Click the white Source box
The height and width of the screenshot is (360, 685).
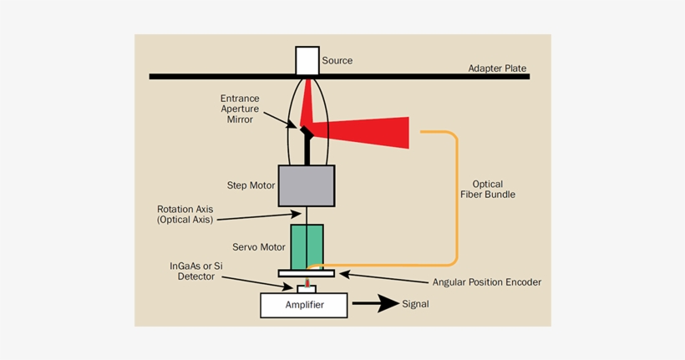click(x=307, y=60)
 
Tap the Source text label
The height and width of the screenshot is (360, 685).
click(x=337, y=60)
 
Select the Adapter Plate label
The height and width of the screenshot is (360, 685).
click(x=497, y=68)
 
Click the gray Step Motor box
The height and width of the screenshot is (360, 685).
click(x=306, y=185)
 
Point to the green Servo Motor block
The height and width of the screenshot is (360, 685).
click(x=307, y=246)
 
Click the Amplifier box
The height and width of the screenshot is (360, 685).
click(x=303, y=305)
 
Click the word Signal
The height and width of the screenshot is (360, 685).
click(x=415, y=304)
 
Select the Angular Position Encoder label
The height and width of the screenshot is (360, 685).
click(x=486, y=282)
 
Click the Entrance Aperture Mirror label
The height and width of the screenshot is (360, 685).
click(x=240, y=109)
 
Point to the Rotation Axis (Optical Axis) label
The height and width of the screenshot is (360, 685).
click(x=185, y=214)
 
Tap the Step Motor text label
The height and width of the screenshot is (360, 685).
click(x=251, y=185)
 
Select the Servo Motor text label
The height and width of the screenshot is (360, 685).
click(x=259, y=247)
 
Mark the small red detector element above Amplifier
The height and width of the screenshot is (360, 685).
click(x=307, y=283)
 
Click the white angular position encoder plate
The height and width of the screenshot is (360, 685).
click(x=307, y=273)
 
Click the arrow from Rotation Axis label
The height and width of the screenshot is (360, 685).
click(x=259, y=216)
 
